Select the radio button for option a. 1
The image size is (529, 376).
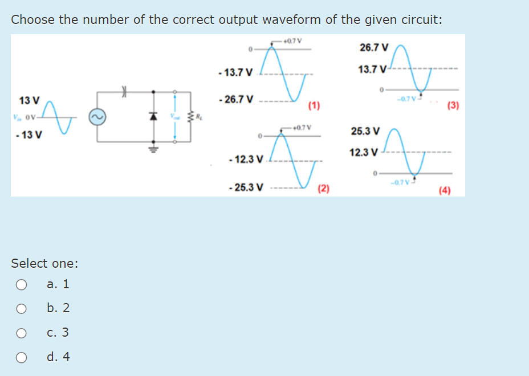pos(21,284)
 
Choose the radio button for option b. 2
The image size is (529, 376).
pos(21,308)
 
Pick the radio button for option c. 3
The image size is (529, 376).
pos(21,333)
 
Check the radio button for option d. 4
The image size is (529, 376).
pos(21,357)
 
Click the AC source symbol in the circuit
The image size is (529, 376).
pos(96,117)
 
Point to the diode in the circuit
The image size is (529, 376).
pos(153,116)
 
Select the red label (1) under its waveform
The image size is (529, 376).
pos(314,105)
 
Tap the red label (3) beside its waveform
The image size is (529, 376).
pos(453,105)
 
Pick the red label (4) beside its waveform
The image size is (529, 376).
pos(445,191)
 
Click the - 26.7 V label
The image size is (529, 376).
pos(235,100)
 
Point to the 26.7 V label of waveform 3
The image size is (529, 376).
pos(374,47)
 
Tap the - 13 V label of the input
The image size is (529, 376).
pos(29,135)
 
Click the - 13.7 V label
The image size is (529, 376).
pos(235,72)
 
